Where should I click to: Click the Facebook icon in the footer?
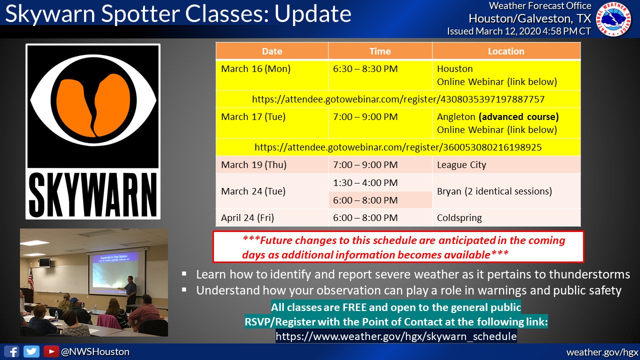coord(11,351)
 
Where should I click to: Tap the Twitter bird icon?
coord(31,351)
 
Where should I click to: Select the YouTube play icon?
coord(51,351)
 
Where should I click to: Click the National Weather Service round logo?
coord(613,19)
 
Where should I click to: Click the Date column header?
coord(272,51)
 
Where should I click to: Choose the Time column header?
coord(380,51)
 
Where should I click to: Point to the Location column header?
coord(506,51)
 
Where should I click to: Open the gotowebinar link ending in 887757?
coord(398,99)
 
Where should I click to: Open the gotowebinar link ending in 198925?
coord(398,147)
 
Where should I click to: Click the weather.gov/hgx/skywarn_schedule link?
coord(396,336)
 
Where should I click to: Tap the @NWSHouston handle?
coord(95,351)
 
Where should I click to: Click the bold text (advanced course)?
coord(518,117)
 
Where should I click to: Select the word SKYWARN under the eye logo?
coord(93,195)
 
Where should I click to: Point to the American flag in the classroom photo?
coord(30,276)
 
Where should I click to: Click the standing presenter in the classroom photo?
coord(131,292)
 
